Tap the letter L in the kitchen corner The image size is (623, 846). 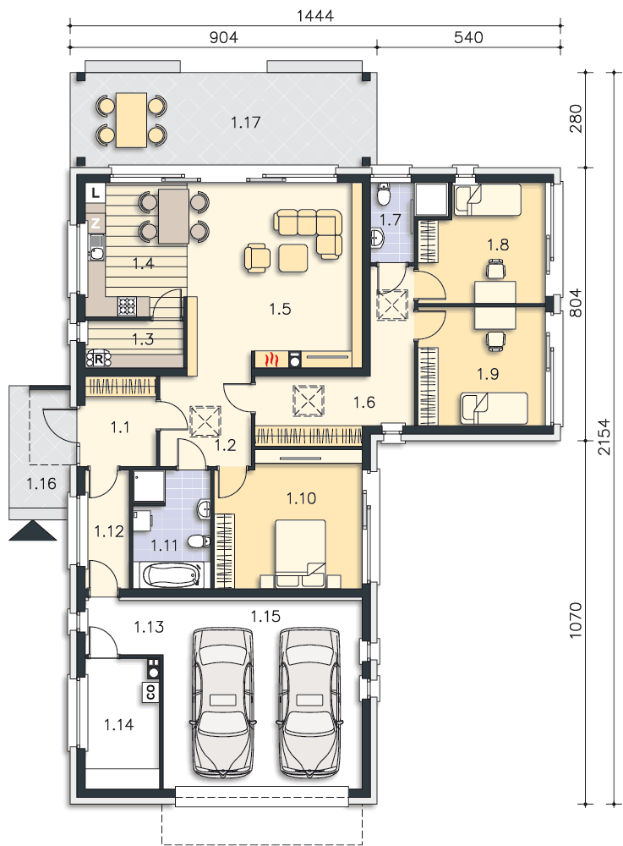coord(96,193)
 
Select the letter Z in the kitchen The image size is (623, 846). coord(96,222)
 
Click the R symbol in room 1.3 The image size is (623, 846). coord(97,358)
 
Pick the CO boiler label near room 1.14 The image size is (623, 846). coord(150,691)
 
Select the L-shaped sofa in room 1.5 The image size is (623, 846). coord(313,231)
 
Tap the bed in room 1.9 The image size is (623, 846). coord(493,408)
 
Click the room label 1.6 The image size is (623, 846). coord(364,403)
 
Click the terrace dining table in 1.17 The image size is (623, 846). coord(131,119)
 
